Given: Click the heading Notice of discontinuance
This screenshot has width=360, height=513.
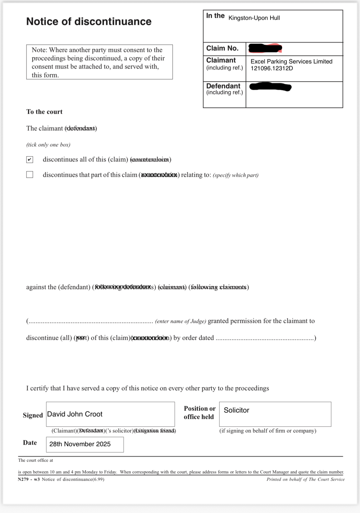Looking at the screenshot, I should click(x=89, y=22).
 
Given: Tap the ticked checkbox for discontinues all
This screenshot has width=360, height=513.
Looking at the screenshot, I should click(x=30, y=160).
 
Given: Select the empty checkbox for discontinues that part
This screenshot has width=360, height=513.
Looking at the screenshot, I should click(x=30, y=175).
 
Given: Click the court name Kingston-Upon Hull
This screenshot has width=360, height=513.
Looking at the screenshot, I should click(x=254, y=18).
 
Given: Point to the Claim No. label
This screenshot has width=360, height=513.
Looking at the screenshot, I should click(x=222, y=48).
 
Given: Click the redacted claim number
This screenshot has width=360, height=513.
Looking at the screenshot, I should click(x=265, y=48).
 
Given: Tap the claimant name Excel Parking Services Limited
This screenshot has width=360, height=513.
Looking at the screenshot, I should click(x=291, y=62).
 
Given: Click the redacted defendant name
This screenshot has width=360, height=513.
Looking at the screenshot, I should click(x=270, y=87).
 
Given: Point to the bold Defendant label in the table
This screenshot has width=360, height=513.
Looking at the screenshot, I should click(x=223, y=86).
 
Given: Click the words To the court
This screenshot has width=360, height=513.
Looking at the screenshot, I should click(x=44, y=112).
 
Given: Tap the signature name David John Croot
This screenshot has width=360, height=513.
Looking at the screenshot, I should click(x=75, y=414).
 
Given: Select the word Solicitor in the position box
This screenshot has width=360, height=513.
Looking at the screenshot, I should click(x=236, y=410).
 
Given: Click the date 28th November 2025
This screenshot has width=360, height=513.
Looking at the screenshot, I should click(x=80, y=444).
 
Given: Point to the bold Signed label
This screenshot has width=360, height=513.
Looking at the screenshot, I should click(x=33, y=415).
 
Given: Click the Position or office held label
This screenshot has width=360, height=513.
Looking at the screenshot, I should click(x=199, y=412).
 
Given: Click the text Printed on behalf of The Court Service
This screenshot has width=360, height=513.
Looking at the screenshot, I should click(x=305, y=479).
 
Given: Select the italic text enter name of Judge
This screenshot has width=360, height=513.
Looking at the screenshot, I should click(x=181, y=321).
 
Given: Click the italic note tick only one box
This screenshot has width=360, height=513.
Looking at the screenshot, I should click(x=48, y=145).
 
